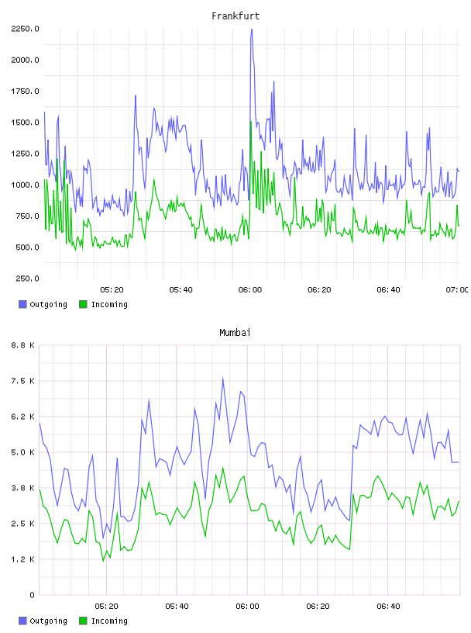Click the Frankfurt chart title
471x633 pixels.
[x=235, y=16]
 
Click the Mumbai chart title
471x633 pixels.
[x=235, y=332]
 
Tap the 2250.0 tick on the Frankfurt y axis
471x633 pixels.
[x=25, y=29]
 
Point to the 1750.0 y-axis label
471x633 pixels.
[x=25, y=92]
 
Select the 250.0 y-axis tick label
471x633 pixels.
[x=27, y=278]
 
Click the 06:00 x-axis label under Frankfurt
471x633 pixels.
[x=250, y=290]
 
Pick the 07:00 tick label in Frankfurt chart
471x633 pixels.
[x=457, y=290]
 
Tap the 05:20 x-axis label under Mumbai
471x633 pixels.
[x=106, y=607]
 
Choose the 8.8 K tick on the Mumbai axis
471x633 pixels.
[x=22, y=345]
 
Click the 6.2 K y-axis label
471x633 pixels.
[x=22, y=417]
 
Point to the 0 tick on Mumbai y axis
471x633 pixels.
[x=32, y=595]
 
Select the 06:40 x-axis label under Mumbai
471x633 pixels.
[x=388, y=607]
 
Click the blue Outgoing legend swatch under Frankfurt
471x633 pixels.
[x=22, y=304]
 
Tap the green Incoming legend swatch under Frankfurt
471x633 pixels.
[x=83, y=304]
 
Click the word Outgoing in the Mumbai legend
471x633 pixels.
[x=48, y=621]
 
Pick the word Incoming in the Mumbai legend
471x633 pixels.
[x=109, y=621]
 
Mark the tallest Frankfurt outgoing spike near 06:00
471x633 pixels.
[x=252, y=29]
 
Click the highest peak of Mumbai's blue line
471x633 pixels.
[x=222, y=378]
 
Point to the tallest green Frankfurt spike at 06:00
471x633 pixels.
[x=251, y=122]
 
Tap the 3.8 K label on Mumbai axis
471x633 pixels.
[x=22, y=488]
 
